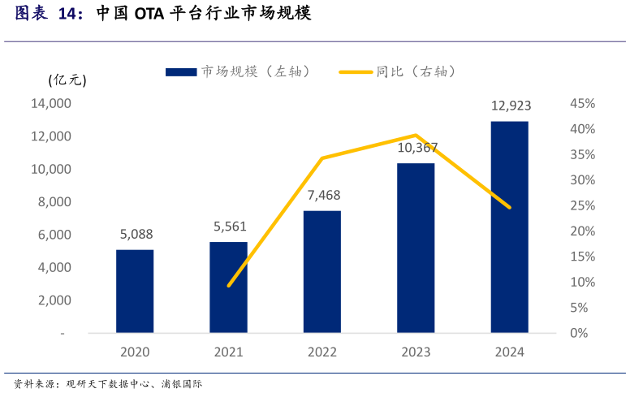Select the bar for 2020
pos(135,291)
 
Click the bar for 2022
pos(322,271)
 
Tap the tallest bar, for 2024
pos(510,227)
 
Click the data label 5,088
pos(136,235)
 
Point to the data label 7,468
pos(323,196)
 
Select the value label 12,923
pos(510,106)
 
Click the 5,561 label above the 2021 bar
pos(230,227)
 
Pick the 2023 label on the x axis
pos(416,352)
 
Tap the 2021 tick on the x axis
pos(228,352)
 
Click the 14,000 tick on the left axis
pos(51,104)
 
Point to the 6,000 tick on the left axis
pos(54,235)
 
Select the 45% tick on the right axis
pos(583,104)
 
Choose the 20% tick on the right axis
pos(583,231)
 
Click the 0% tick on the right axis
pos(579,333)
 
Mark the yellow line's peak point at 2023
pos(416,135)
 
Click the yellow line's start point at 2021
pos(229,286)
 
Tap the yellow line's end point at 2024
pos(510,208)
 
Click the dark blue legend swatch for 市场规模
pos(181,72)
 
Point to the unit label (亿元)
pos(67,80)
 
